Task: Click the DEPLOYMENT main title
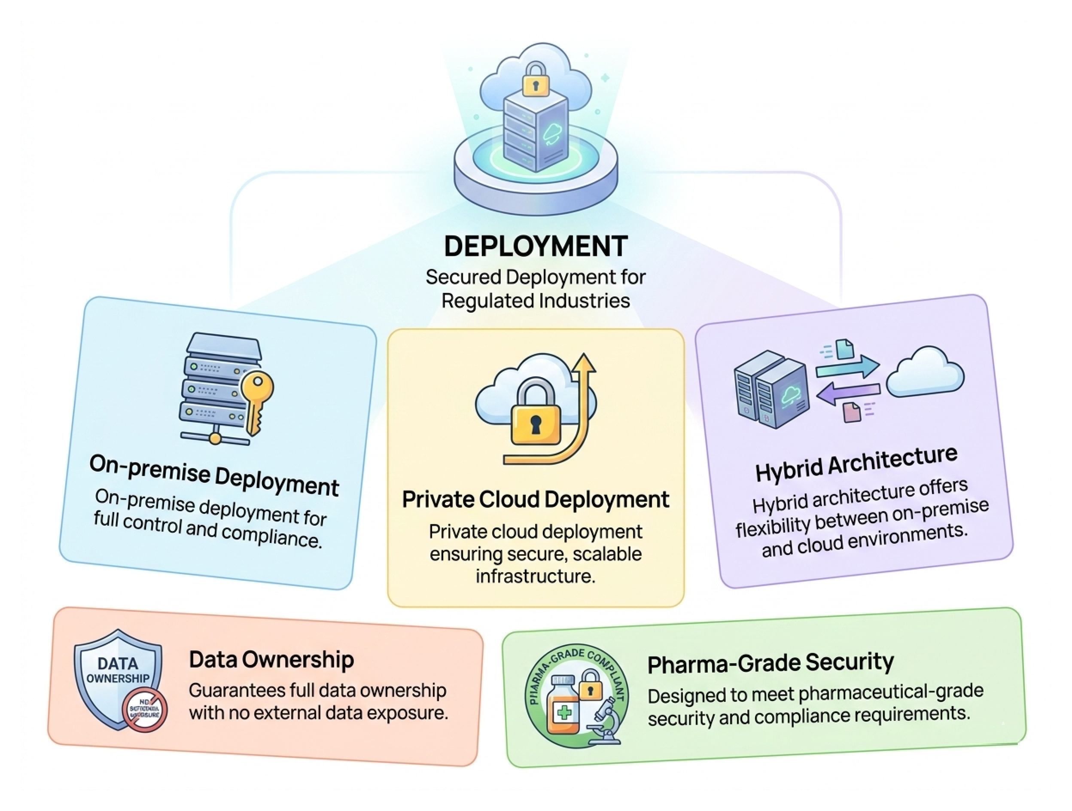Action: click(x=536, y=246)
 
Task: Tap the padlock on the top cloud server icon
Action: click(x=535, y=80)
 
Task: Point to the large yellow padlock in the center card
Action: click(x=535, y=417)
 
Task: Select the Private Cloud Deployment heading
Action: click(x=536, y=499)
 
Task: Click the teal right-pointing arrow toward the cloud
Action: click(x=847, y=367)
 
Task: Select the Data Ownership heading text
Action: click(x=271, y=660)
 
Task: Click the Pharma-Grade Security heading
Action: click(x=770, y=663)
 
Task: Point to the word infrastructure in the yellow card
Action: click(x=535, y=576)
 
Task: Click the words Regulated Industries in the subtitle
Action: click(x=536, y=301)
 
